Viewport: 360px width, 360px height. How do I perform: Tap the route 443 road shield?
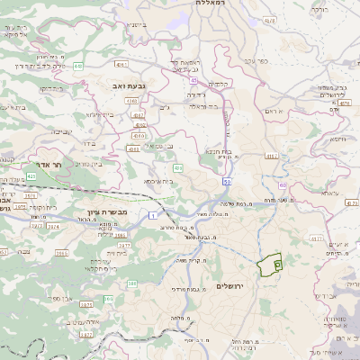(79, 66)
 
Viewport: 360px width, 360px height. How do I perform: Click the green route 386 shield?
(131, 284)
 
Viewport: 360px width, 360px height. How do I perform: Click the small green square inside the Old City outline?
(277, 265)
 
